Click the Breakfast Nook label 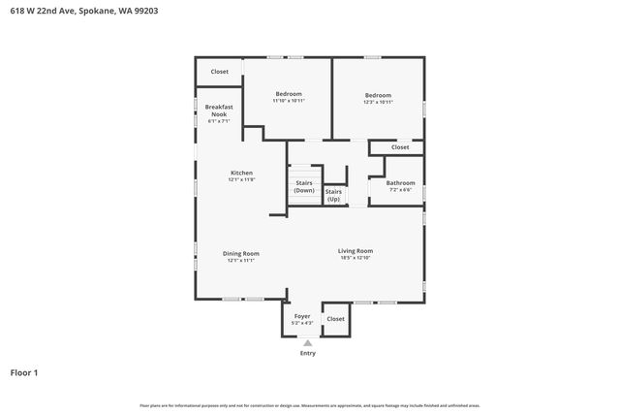(219, 110)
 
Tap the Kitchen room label (241, 173)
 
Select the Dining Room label (241, 253)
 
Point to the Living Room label (356, 250)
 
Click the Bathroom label (400, 182)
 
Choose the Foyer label (302, 317)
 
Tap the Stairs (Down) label (304, 185)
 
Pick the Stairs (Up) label (333, 195)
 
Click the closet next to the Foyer (335, 318)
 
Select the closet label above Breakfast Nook (220, 71)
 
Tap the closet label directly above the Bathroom (400, 147)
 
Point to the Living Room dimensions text (356, 258)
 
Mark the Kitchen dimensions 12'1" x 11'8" (241, 179)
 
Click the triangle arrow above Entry (307, 342)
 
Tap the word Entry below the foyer (307, 353)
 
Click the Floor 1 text (24, 372)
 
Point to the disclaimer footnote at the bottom (310, 405)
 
